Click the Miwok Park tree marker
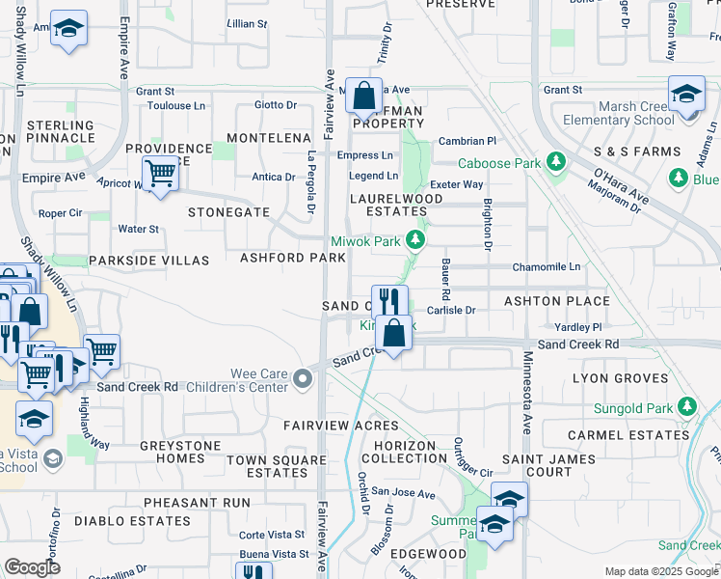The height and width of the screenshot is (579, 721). [x=415, y=239]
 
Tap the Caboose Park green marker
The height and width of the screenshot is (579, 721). [x=555, y=162]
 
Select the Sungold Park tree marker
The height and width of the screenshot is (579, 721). [x=686, y=405]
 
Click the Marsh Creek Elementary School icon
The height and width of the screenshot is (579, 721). [x=686, y=96]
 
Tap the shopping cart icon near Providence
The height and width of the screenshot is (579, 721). [x=160, y=174]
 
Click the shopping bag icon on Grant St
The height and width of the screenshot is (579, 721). [x=364, y=95]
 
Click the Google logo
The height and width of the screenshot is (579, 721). [x=33, y=567]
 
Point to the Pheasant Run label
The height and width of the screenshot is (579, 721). [x=197, y=503]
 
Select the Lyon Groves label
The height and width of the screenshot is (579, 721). [x=613, y=378]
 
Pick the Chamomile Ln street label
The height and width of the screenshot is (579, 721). [x=547, y=266]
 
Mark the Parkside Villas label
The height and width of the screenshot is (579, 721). [x=148, y=261]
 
